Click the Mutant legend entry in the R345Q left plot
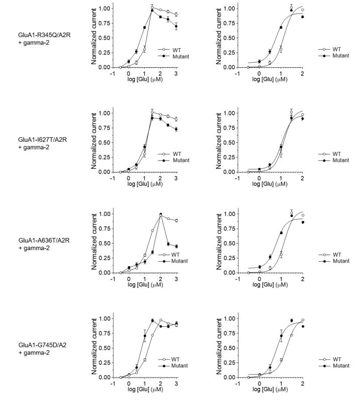coord(171,56)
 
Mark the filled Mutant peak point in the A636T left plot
coord(160,215)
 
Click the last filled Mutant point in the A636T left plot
coord(176,246)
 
